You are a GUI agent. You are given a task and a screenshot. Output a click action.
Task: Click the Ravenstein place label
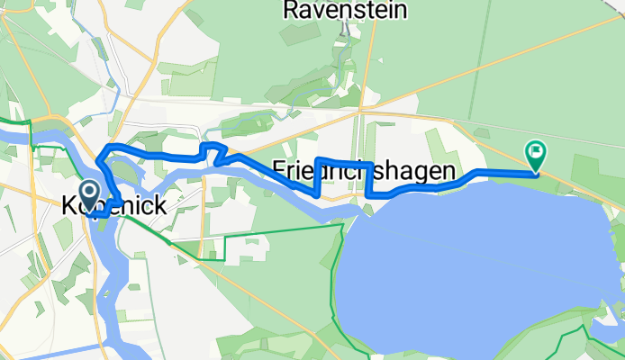pyautogui.click(x=345, y=11)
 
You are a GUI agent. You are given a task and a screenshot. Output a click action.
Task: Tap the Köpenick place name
pyautogui.click(x=113, y=206)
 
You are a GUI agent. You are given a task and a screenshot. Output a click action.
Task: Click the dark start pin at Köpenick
pyautogui.click(x=90, y=192)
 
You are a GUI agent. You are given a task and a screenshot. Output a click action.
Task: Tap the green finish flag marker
pyautogui.click(x=537, y=152)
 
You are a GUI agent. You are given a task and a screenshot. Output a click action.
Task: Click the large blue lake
pyautogui.click(x=468, y=261)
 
